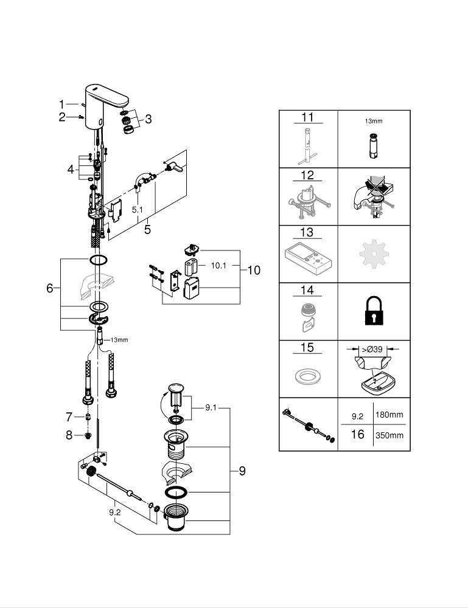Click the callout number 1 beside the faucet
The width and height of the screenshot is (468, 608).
pyautogui.click(x=61, y=103)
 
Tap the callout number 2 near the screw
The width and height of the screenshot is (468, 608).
pyautogui.click(x=61, y=117)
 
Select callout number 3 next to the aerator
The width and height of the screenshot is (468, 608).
pyautogui.click(x=148, y=118)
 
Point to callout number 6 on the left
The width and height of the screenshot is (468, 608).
pyautogui.click(x=50, y=288)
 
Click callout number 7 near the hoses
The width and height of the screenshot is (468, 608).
pyautogui.click(x=69, y=416)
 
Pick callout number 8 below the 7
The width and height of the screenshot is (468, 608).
pyautogui.click(x=69, y=435)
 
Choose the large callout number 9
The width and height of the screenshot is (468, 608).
pyautogui.click(x=242, y=471)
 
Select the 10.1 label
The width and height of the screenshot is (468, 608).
pyautogui.click(x=219, y=266)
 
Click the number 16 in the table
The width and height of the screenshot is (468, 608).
pyautogui.click(x=357, y=435)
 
